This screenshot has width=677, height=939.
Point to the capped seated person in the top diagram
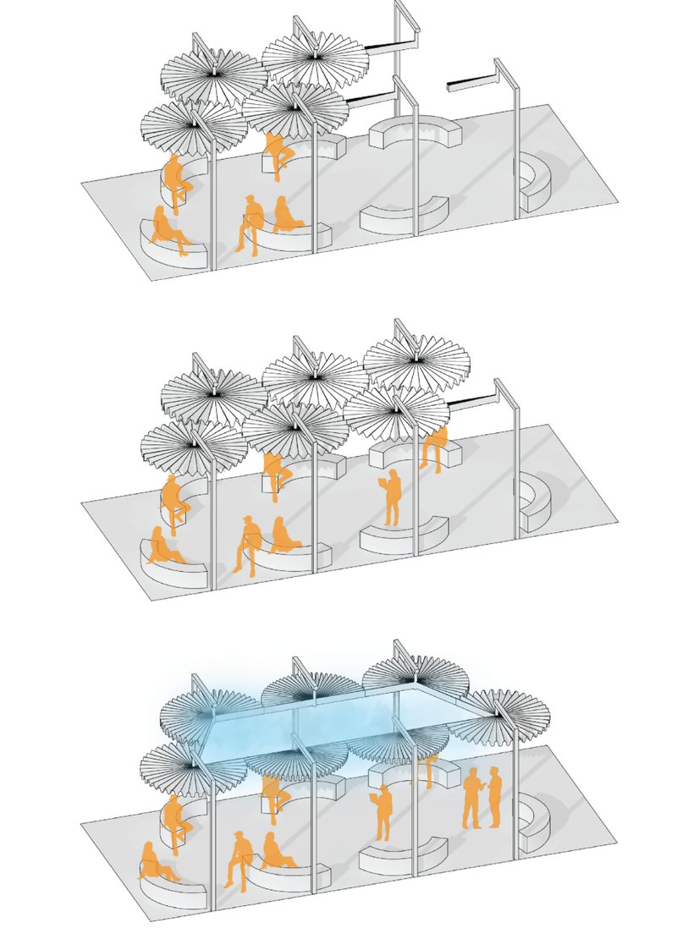click(249, 223)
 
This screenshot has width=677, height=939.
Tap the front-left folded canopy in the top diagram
click(193, 127)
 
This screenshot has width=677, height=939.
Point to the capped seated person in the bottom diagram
click(239, 859)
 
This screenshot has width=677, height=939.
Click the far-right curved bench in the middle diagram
click(536, 503)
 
